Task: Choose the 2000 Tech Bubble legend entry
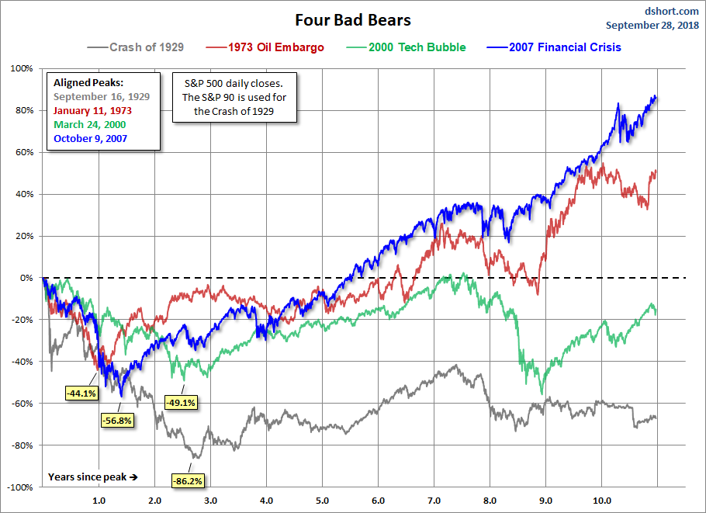417,47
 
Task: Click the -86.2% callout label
187,481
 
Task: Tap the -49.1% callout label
181,403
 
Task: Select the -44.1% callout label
80,393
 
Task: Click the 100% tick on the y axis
21,68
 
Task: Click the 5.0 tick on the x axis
322,501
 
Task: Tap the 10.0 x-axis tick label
601,501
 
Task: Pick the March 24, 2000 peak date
89,124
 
